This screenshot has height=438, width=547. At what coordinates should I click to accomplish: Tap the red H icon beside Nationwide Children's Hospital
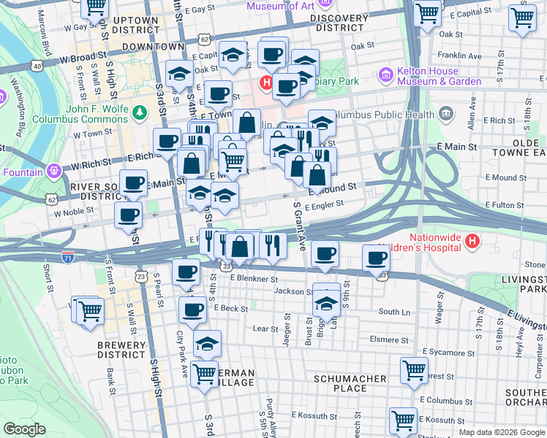click(x=473, y=239)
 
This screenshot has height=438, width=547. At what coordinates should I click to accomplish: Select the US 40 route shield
click(x=36, y=66)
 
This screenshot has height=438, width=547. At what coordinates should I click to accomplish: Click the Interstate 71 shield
click(x=67, y=257)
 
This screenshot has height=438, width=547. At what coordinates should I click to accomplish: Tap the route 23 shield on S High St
click(x=140, y=276)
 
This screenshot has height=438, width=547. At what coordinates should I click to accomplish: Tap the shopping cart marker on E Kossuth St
click(x=403, y=420)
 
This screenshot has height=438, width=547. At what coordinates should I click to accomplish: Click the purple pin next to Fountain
click(x=53, y=172)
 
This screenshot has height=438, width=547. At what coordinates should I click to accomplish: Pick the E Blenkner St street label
click(x=254, y=278)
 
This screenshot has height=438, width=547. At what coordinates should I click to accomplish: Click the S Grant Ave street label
click(x=299, y=226)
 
